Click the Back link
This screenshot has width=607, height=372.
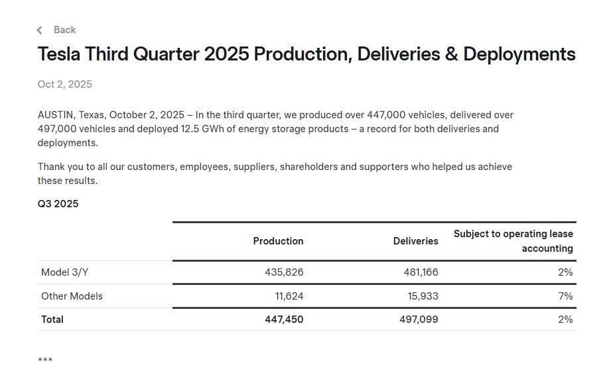tap(64, 30)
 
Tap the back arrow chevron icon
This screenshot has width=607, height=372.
tap(40, 30)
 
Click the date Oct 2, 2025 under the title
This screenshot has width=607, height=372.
tap(65, 84)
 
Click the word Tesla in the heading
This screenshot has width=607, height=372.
tap(59, 54)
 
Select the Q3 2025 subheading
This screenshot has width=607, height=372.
tap(58, 204)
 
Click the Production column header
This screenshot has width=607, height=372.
tap(278, 241)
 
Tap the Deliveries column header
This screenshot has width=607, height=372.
tap(415, 241)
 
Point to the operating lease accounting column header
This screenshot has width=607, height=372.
tap(513, 241)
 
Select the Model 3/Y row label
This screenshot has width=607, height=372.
tap(64, 272)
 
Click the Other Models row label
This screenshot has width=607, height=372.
tap(72, 296)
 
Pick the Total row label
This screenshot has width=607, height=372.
tap(52, 320)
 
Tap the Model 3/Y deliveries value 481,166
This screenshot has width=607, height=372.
tap(421, 272)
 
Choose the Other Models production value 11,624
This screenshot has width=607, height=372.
tap(289, 296)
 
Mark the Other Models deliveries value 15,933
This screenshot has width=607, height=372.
tap(423, 296)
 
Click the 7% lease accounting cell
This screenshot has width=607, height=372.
tap(565, 296)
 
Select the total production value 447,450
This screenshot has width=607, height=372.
tap(284, 320)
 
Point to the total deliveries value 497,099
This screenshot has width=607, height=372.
tap(419, 320)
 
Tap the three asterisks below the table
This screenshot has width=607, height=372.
tap(45, 361)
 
